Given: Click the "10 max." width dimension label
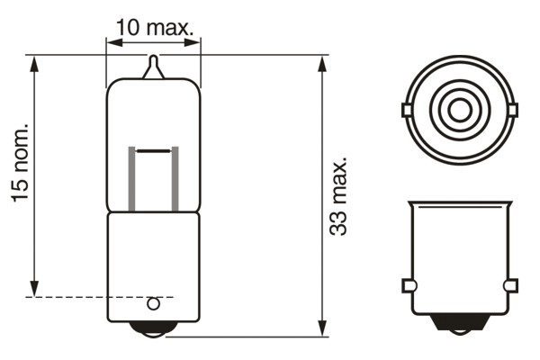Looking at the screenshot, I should [154, 27].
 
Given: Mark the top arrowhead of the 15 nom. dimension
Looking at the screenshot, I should [35, 63].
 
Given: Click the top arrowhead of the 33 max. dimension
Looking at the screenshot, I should [323, 63].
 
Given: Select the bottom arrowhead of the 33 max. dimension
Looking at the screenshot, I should [323, 329].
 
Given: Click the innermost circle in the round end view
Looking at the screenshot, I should [459, 111].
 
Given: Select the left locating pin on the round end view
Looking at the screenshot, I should [406, 111].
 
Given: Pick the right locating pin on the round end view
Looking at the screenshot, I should [513, 111].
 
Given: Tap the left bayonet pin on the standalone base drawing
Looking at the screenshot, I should [408, 286].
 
